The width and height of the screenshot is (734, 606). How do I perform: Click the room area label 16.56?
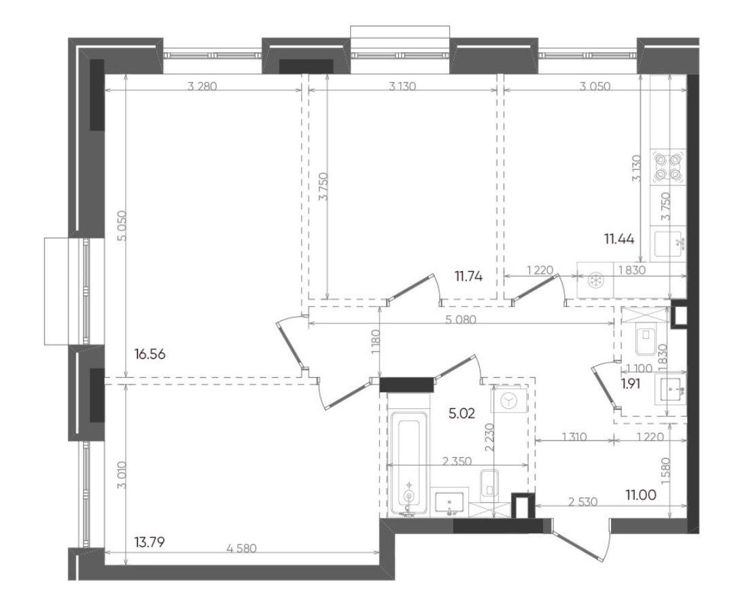[150, 354]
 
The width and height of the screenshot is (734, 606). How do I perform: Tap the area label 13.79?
[150, 543]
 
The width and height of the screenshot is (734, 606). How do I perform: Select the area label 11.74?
[468, 277]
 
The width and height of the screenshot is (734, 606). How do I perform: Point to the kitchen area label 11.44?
[619, 239]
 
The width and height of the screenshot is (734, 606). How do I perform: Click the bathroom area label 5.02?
[461, 413]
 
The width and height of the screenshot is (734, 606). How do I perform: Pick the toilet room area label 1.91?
[631, 385]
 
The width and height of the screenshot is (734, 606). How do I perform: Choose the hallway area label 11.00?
[641, 494]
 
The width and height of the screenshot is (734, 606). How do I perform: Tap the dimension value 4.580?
[241, 548]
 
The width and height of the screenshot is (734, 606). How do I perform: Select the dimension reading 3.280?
[203, 86]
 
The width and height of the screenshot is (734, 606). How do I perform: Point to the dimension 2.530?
[583, 501]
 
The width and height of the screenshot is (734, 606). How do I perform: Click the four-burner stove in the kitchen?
[668, 167]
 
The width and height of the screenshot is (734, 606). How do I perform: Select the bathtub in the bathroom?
[408, 464]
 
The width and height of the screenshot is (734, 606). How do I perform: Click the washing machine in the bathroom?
[508, 401]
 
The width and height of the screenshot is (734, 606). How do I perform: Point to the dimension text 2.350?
[457, 461]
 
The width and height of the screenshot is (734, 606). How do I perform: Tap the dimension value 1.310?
[574, 437]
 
